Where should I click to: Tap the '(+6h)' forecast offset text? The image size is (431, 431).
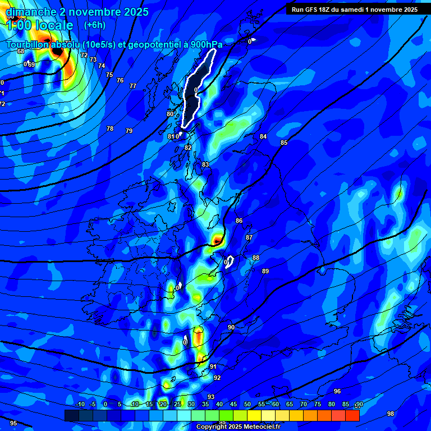tap(94, 25)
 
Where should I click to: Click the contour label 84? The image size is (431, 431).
tap(263, 137)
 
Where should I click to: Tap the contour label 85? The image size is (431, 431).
tap(284, 143)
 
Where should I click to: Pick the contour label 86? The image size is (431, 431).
tap(239, 221)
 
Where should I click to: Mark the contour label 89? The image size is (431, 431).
tap(265, 272)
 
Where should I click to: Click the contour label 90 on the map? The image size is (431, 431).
tap(231, 327)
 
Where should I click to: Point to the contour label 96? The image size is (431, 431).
tap(337, 391)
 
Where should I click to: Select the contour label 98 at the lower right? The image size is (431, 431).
tap(391, 414)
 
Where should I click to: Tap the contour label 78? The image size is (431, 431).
tap(110, 129)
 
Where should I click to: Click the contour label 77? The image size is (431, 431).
tap(133, 86)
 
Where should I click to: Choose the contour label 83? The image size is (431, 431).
tap(205, 164)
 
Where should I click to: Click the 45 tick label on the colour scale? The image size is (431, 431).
tap(233, 405)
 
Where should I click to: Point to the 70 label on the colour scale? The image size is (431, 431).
tap(304, 405)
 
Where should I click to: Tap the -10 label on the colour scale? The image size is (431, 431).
tap(80, 405)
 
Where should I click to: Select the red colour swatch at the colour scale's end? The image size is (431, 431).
tap(352, 415)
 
